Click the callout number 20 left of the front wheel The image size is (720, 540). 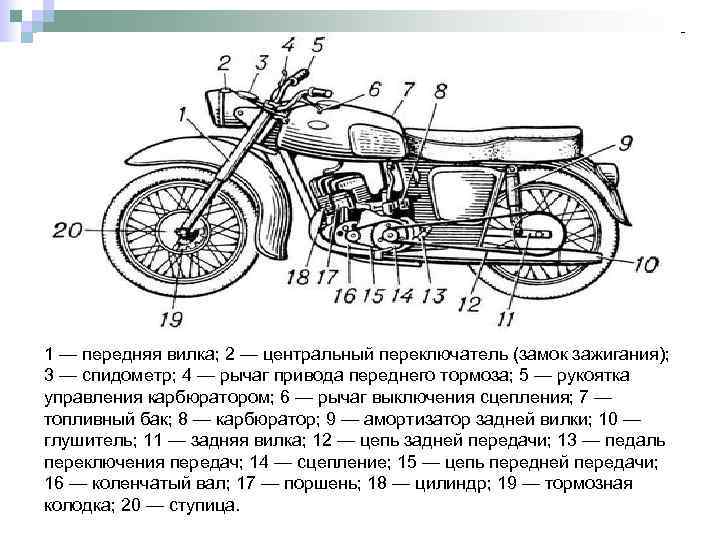click(x=68, y=231)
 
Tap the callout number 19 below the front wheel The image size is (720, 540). click(x=172, y=320)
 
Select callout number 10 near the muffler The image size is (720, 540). click(x=644, y=264)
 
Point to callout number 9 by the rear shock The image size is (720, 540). click(x=626, y=143)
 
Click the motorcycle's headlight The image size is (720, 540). click(x=221, y=103)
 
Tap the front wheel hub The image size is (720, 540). click(x=187, y=234)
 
